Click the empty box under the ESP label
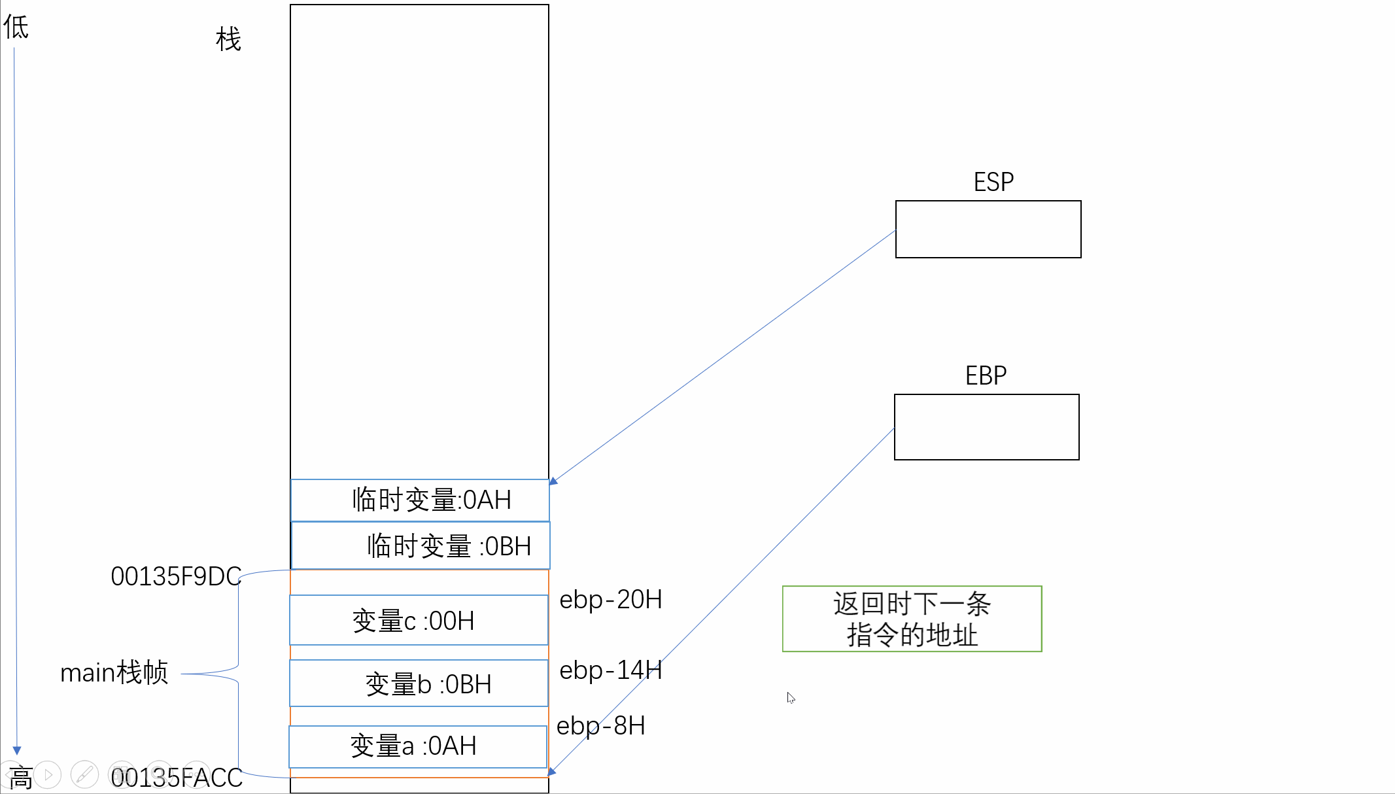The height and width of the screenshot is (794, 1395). [988, 229]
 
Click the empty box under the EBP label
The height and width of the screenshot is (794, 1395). [986, 426]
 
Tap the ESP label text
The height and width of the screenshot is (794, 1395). [993, 182]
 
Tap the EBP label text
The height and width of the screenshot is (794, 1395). [986, 375]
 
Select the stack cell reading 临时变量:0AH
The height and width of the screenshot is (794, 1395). [420, 500]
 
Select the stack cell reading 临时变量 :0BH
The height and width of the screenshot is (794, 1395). [421, 545]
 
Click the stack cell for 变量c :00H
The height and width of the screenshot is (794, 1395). [419, 620]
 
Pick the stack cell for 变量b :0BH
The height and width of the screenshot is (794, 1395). [419, 683]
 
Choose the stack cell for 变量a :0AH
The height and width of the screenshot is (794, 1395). [418, 746]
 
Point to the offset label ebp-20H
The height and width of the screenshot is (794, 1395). [610, 599]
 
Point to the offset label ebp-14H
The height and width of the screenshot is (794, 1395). [610, 670]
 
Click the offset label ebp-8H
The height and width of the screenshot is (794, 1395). [600, 725]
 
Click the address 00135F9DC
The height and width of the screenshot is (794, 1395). [176, 576]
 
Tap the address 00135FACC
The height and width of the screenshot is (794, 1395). [177, 778]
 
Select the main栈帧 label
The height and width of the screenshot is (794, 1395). [114, 672]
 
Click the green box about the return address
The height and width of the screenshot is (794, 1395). [912, 619]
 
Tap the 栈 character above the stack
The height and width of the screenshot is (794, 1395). [228, 39]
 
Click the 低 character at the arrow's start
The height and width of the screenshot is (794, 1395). [16, 27]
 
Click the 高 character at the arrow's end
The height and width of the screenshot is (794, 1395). [20, 778]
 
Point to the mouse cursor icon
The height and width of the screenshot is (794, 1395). [791, 697]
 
